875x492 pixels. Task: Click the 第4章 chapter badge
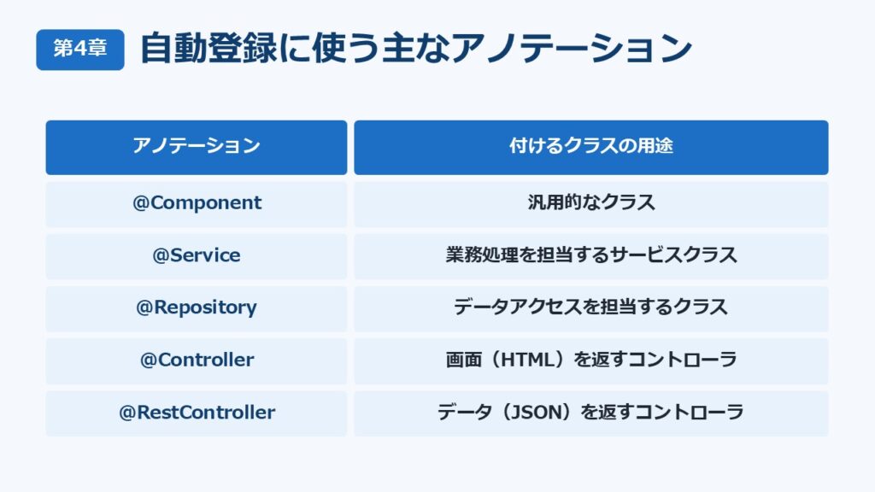[x=80, y=50]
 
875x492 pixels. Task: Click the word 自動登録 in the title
[x=208, y=49]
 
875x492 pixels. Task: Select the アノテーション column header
[x=197, y=147]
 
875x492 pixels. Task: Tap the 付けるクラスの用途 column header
[x=591, y=147]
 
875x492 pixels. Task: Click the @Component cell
[x=197, y=203]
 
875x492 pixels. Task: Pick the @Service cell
[x=197, y=256]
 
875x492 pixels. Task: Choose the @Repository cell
[x=197, y=308]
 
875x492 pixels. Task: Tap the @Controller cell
[x=197, y=361]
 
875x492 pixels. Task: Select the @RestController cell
[x=197, y=413]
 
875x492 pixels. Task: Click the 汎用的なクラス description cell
[x=591, y=203]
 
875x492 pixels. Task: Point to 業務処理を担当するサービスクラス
[x=591, y=255]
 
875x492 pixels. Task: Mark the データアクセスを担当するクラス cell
[x=591, y=308]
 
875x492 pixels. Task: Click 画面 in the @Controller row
[x=464, y=360]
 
